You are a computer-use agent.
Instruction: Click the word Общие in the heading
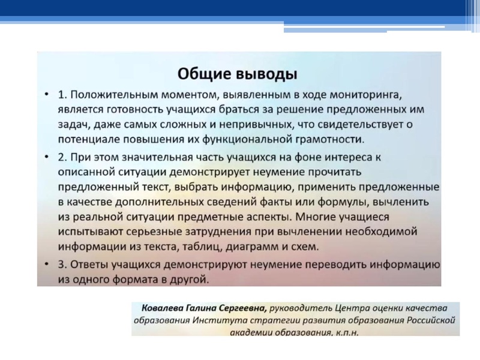click(202, 74)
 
